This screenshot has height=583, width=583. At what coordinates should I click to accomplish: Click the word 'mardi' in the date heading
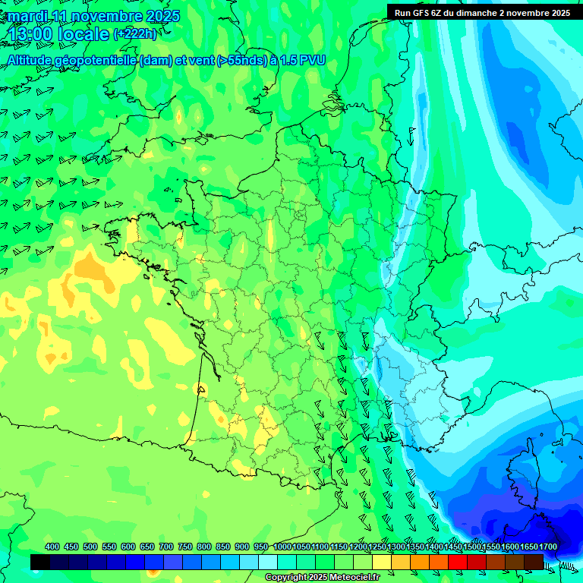[x=25, y=16]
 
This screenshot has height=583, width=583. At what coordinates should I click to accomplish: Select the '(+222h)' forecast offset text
[x=135, y=34]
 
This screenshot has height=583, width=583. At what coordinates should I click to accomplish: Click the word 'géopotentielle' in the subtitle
[x=96, y=61]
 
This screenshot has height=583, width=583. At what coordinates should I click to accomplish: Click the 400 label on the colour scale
[x=52, y=547]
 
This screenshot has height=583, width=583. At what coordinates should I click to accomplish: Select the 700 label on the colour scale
[x=166, y=547]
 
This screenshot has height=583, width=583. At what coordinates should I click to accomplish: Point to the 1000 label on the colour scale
[x=282, y=547]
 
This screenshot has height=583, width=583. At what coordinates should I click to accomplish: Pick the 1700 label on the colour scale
[x=548, y=547]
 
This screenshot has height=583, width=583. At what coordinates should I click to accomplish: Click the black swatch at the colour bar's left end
[x=40, y=562]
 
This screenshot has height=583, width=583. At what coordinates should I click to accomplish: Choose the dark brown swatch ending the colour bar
[x=534, y=562]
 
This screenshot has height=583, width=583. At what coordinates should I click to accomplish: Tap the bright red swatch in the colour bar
[x=458, y=562]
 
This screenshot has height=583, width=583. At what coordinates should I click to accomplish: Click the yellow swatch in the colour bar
[x=382, y=562]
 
